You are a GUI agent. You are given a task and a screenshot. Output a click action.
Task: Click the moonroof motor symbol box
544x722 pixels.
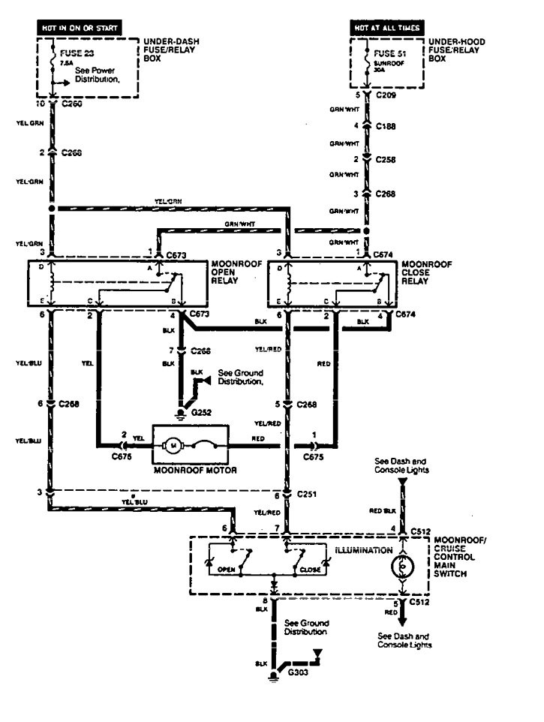[x=191, y=444]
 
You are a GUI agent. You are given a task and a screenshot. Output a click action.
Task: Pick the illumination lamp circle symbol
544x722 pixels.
[x=402, y=566]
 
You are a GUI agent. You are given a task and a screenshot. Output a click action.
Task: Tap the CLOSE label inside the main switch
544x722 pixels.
[x=310, y=570]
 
